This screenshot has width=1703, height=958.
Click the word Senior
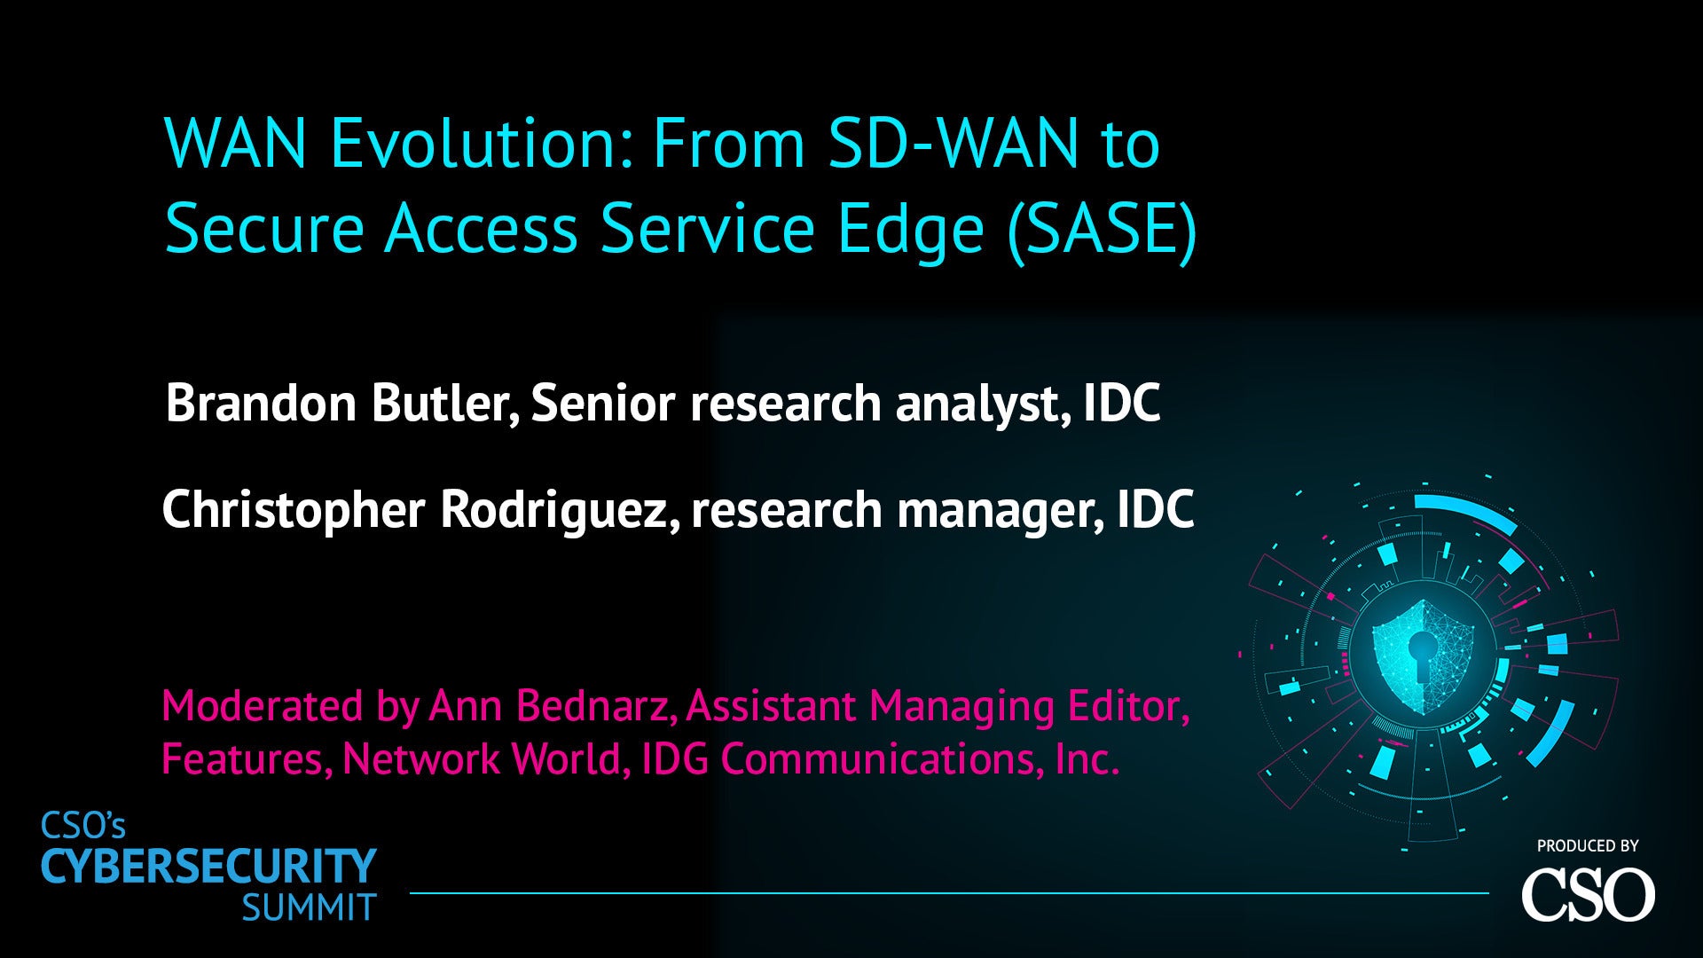tap(602, 403)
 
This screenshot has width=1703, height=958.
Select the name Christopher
tap(294, 511)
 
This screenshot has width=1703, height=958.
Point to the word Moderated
tap(263, 706)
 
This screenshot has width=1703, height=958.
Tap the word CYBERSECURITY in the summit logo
tap(209, 867)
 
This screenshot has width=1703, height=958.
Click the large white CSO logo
tap(1588, 894)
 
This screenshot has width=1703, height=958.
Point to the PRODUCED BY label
tap(1588, 846)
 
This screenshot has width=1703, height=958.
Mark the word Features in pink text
tap(242, 759)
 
